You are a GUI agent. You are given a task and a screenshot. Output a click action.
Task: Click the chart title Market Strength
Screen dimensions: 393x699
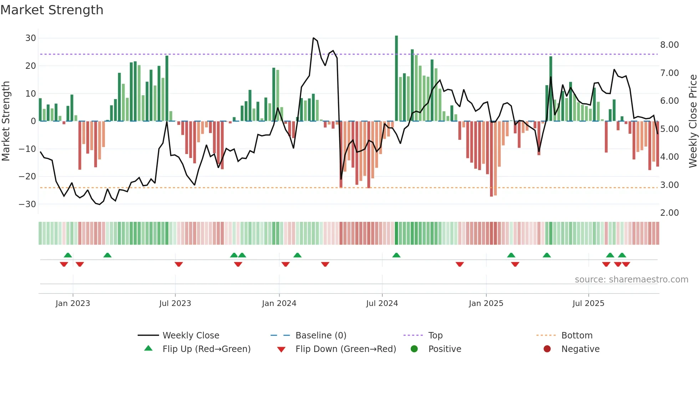click(52, 10)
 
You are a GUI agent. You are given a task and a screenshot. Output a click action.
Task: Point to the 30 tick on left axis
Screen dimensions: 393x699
click(31, 38)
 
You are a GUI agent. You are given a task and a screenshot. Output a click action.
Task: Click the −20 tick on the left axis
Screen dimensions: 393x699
click(27, 177)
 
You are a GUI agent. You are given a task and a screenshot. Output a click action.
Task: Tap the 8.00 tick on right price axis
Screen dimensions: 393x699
click(669, 45)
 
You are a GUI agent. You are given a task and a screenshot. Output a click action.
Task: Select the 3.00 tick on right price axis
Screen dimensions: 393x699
click(669, 185)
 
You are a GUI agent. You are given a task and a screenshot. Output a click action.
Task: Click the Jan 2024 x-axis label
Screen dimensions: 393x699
click(279, 303)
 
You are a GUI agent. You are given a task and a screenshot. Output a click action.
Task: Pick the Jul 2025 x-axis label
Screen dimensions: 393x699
click(588, 303)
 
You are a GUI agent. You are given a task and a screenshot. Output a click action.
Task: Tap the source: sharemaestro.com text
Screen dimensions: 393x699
click(631, 280)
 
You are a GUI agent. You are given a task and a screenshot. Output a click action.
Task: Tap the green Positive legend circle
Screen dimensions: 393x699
click(414, 349)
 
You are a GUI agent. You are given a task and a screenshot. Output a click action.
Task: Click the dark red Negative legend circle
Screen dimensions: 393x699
click(547, 349)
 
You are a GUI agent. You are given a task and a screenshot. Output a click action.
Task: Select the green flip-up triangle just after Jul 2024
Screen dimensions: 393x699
click(396, 255)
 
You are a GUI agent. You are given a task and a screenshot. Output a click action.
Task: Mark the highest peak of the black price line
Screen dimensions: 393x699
click(313, 38)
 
